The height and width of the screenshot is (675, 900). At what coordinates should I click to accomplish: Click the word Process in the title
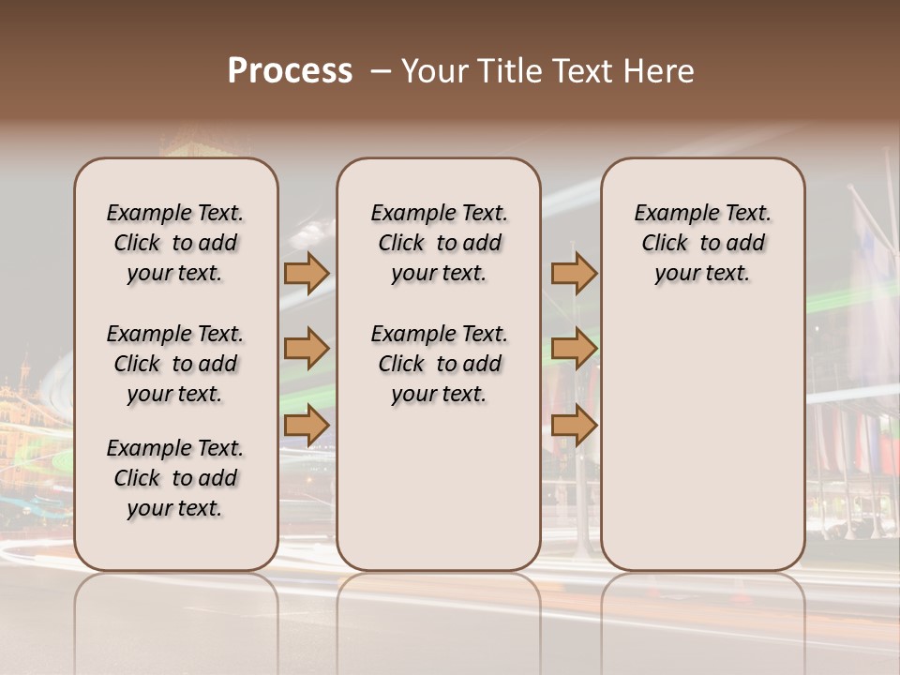click(290, 71)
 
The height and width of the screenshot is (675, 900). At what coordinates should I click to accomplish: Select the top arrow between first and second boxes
click(307, 273)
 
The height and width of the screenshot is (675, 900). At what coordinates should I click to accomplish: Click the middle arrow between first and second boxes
click(307, 350)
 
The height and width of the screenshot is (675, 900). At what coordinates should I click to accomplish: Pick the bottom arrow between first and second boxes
click(307, 427)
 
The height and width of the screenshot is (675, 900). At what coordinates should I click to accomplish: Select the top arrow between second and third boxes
click(574, 273)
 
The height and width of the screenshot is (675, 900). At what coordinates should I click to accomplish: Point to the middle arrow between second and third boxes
click(574, 350)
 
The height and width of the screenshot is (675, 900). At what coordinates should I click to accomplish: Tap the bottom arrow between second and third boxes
click(574, 427)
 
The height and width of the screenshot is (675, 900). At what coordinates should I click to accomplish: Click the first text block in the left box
click(175, 243)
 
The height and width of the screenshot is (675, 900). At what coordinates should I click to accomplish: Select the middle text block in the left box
click(175, 364)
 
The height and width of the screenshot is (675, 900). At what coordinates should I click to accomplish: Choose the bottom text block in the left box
click(175, 478)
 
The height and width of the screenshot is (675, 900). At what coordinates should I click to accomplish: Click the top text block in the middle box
click(439, 243)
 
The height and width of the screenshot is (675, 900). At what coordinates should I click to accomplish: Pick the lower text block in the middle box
click(439, 364)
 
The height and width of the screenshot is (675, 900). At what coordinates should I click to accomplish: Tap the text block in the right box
click(702, 243)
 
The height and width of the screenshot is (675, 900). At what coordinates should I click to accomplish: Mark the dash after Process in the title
click(381, 71)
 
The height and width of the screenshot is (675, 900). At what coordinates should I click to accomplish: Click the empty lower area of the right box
click(702, 441)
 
